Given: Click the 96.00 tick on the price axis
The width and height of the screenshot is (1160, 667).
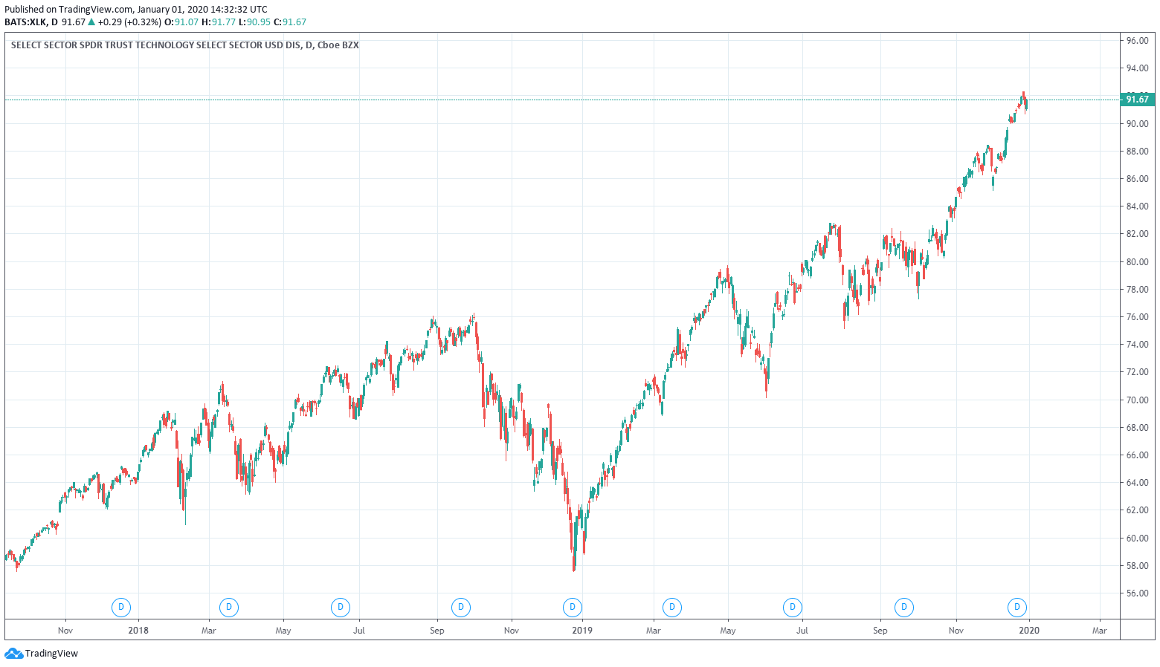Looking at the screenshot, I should pyautogui.click(x=1137, y=41).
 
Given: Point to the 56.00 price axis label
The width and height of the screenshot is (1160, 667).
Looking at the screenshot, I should pyautogui.click(x=1137, y=593).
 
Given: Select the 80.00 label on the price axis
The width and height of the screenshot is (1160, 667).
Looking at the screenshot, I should pyautogui.click(x=1137, y=261).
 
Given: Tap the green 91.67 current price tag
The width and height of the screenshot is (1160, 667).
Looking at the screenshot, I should pyautogui.click(x=1137, y=100).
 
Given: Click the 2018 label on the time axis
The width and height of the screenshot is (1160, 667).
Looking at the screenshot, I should pyautogui.click(x=138, y=631).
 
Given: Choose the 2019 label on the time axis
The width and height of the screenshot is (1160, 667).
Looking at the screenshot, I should pyautogui.click(x=582, y=631).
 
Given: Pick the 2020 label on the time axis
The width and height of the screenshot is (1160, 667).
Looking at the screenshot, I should pyautogui.click(x=1029, y=631).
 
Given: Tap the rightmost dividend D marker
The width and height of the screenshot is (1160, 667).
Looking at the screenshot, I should pyautogui.click(x=1016, y=608).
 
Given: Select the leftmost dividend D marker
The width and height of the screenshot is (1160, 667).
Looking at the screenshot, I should pyautogui.click(x=120, y=608).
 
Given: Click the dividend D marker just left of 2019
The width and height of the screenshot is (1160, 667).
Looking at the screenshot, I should pyautogui.click(x=572, y=608).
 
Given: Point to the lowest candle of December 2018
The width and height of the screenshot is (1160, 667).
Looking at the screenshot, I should pyautogui.click(x=574, y=567).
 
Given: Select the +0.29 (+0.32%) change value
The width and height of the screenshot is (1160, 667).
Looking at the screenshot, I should pyautogui.click(x=129, y=22).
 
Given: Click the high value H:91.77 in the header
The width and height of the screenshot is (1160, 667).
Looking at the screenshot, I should pyautogui.click(x=219, y=22).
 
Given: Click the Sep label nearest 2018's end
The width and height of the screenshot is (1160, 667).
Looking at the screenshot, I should pyautogui.click(x=437, y=631).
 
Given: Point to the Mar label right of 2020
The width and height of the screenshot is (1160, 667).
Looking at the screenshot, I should pyautogui.click(x=1099, y=631).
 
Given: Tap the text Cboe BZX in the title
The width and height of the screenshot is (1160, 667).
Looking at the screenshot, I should pyautogui.click(x=338, y=45).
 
